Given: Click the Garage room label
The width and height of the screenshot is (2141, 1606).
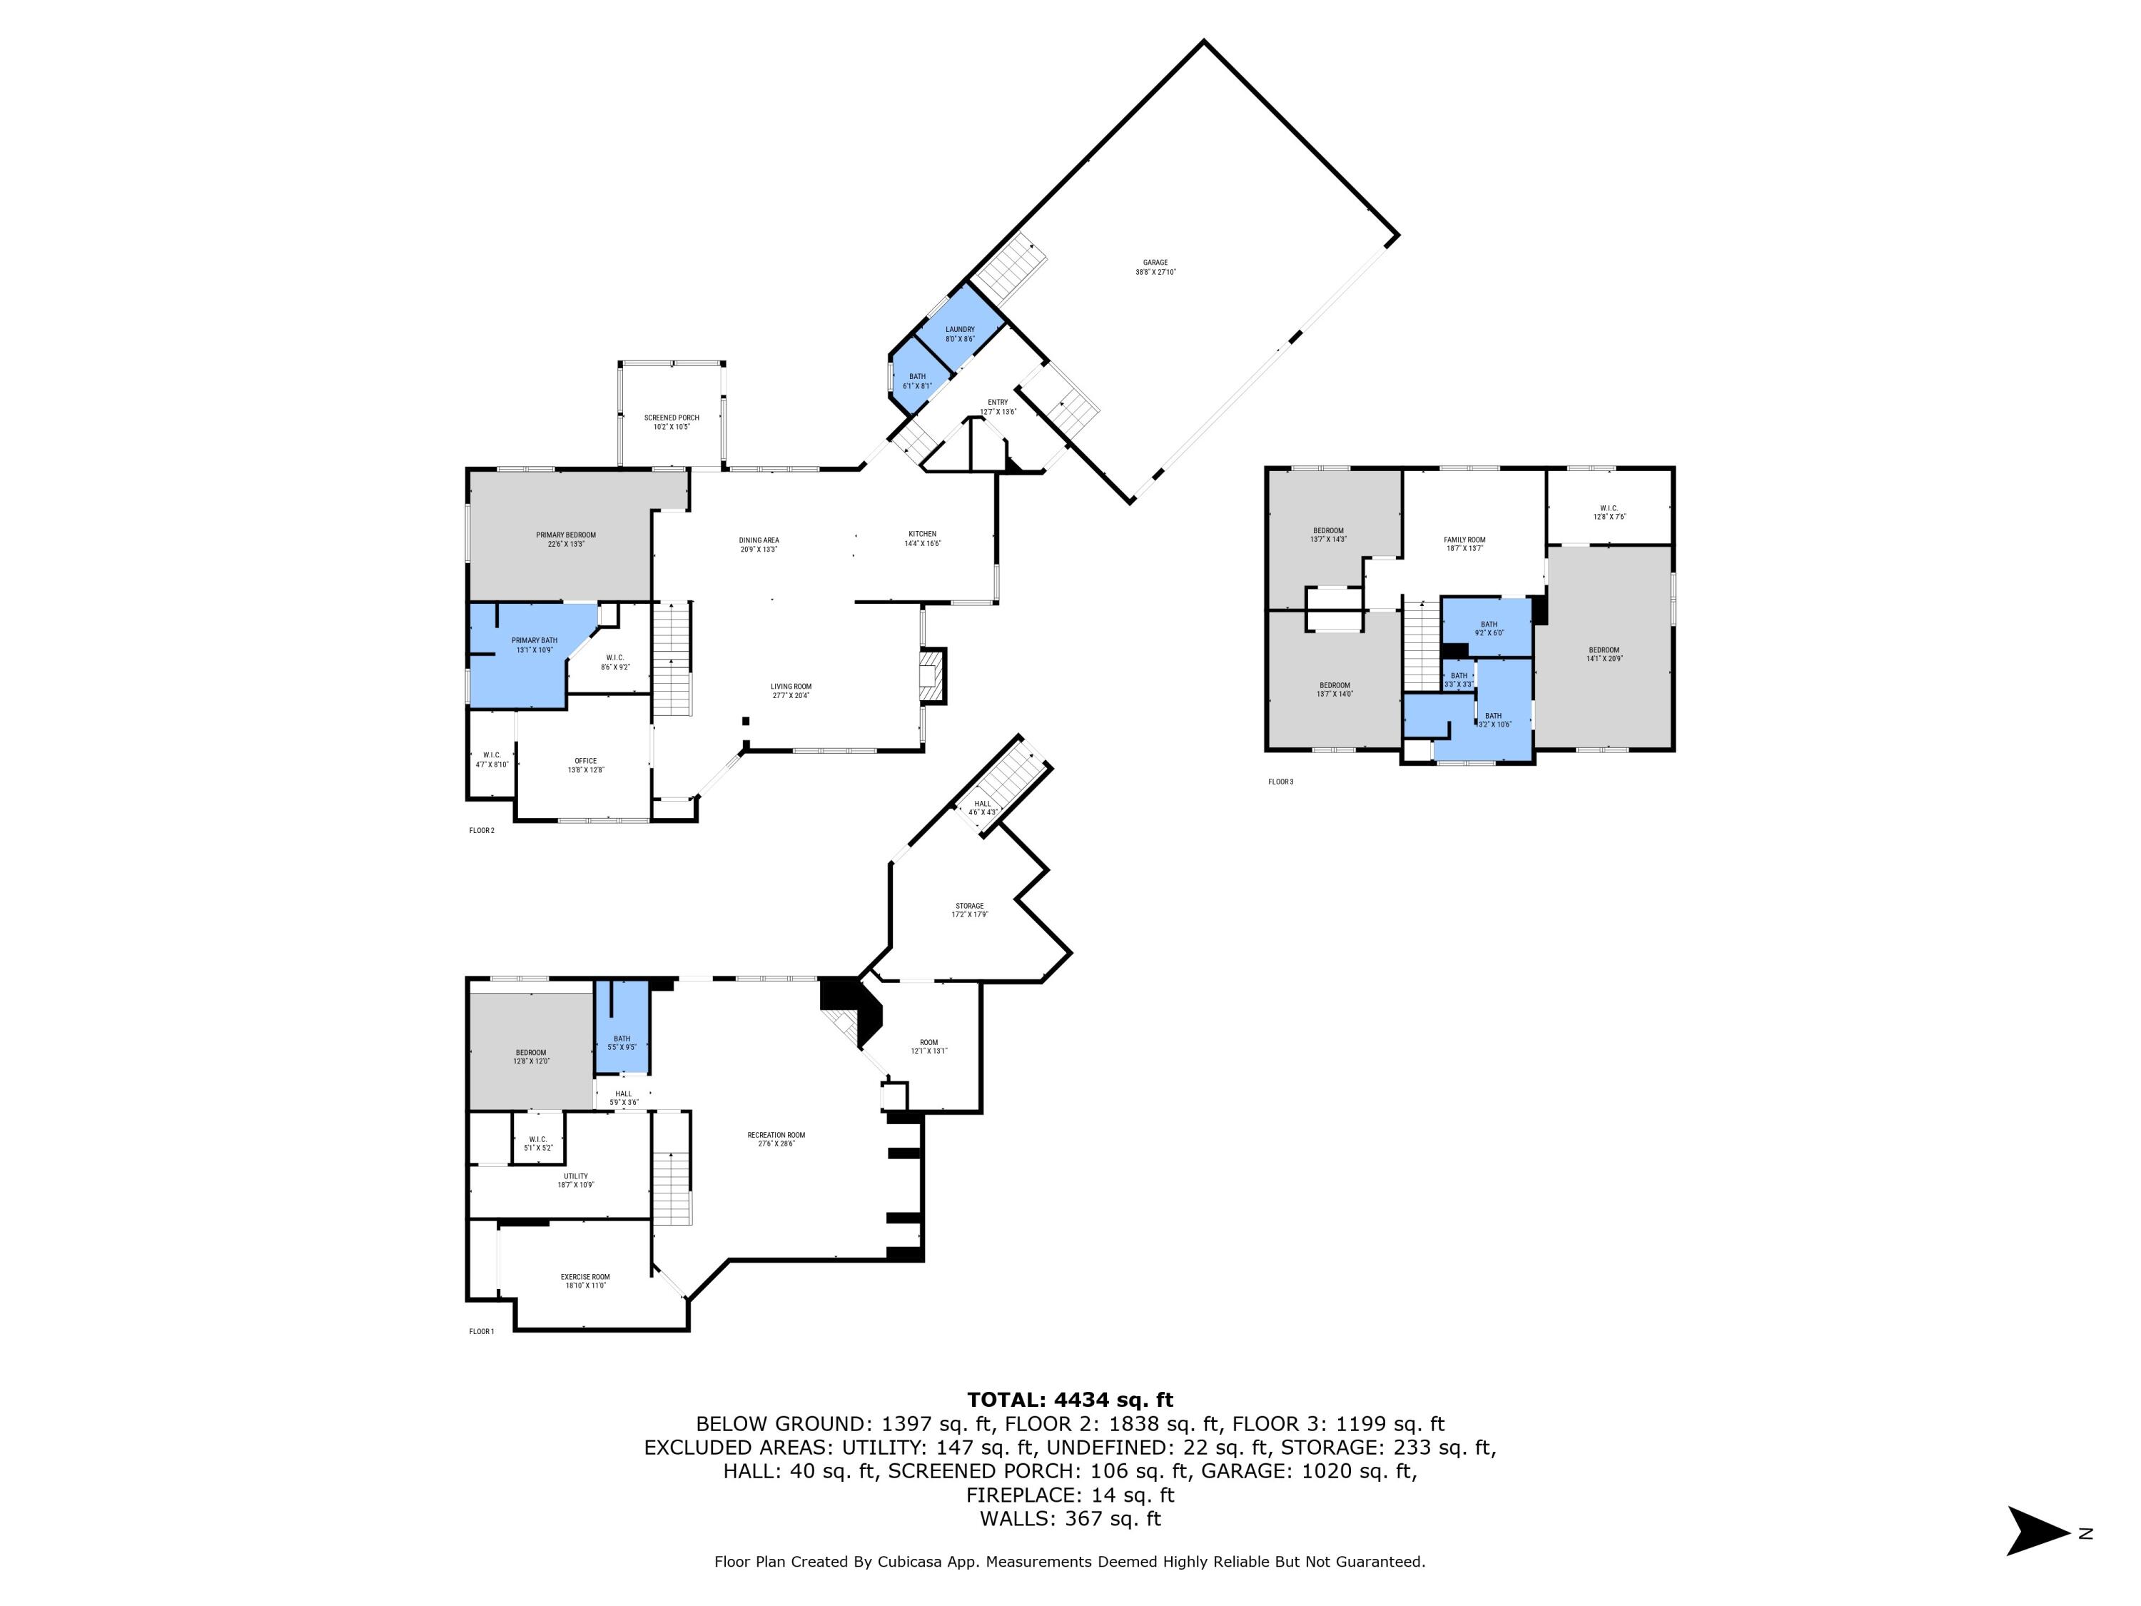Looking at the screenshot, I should [x=1155, y=267].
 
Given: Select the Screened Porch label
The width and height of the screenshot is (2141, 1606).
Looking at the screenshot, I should [x=672, y=422].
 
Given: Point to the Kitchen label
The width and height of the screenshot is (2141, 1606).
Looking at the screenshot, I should [x=921, y=538].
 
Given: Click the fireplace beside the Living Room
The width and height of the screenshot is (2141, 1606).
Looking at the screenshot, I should [x=931, y=675].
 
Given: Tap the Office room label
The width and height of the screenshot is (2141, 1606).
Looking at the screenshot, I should [x=586, y=764].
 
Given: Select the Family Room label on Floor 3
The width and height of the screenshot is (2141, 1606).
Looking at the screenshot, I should [x=1464, y=544].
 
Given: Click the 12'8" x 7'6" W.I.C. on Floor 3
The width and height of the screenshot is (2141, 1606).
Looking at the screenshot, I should [x=1609, y=512].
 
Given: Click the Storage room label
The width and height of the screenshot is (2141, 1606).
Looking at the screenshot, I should [x=969, y=910].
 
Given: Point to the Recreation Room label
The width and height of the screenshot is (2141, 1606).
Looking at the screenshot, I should [x=775, y=1138].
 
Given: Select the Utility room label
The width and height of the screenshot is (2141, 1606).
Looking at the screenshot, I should [x=575, y=1180].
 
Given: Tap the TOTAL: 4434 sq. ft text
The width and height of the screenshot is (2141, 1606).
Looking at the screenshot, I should [x=1070, y=1400].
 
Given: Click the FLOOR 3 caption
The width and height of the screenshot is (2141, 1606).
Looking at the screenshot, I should [x=1280, y=781].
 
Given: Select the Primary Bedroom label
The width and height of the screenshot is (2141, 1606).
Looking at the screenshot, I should [x=565, y=539].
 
